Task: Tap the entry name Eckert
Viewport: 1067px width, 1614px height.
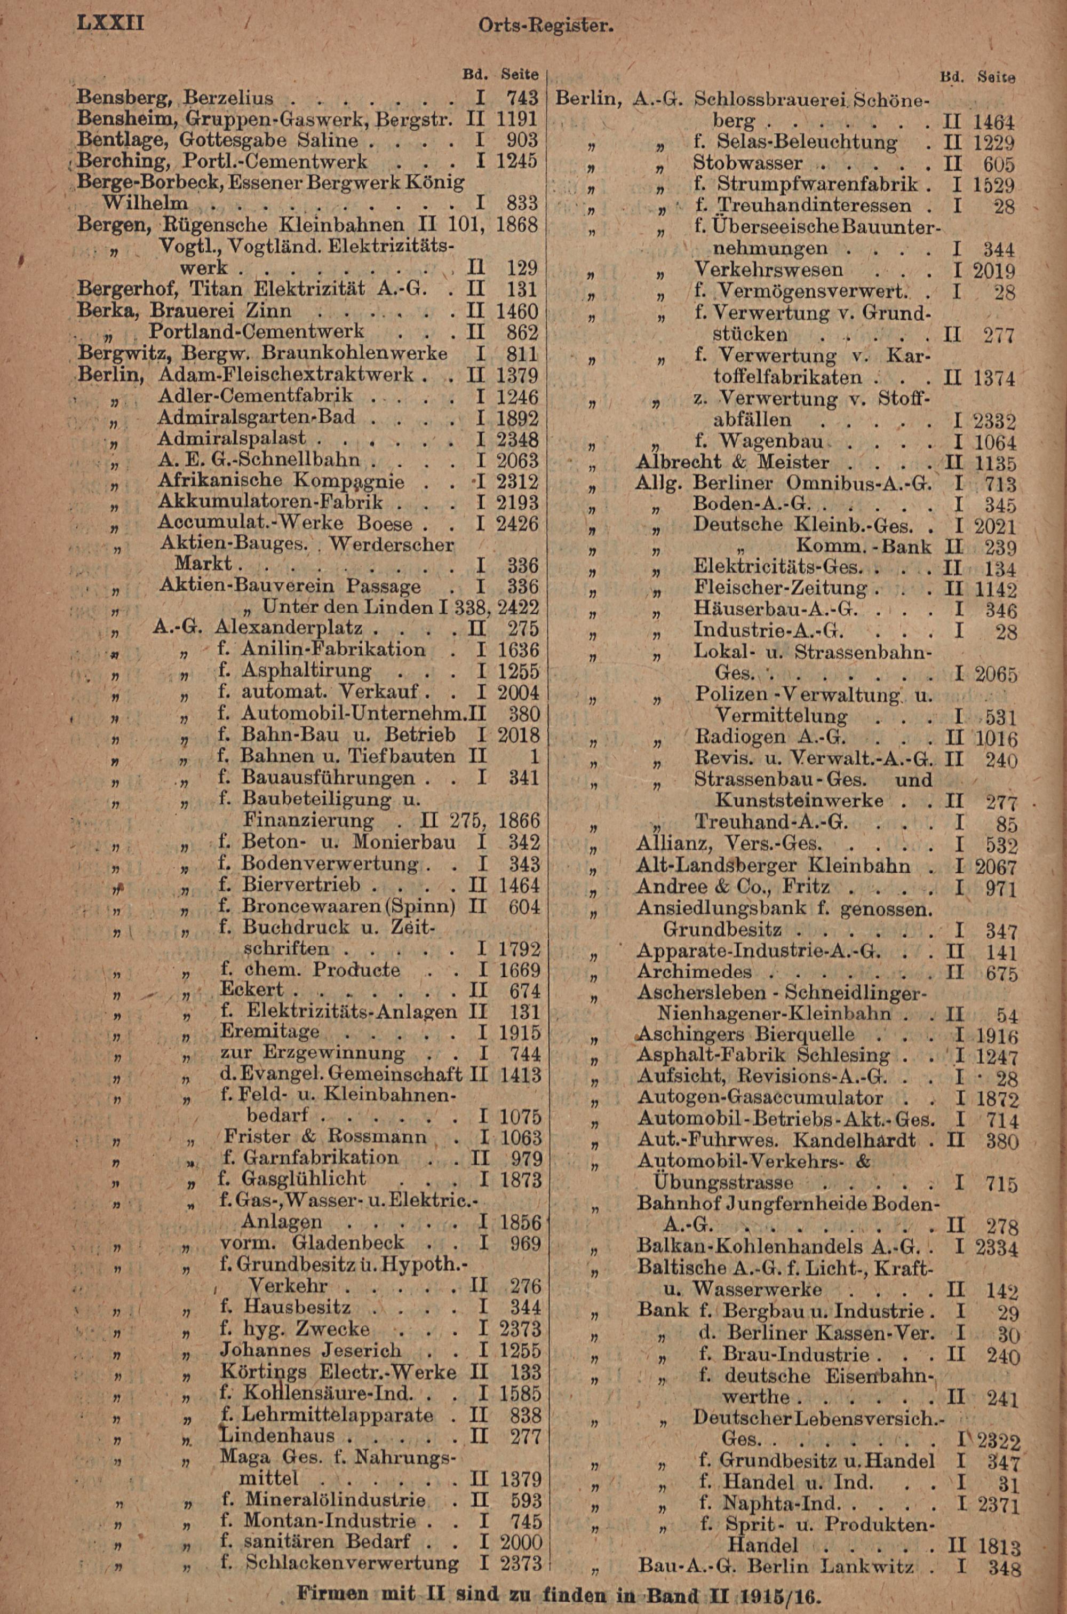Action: click(x=252, y=990)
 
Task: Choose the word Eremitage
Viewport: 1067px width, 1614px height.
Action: click(x=269, y=1031)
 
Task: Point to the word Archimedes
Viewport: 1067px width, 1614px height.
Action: click(x=694, y=972)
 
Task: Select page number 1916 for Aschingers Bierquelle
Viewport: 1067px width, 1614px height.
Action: click(x=996, y=1037)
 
